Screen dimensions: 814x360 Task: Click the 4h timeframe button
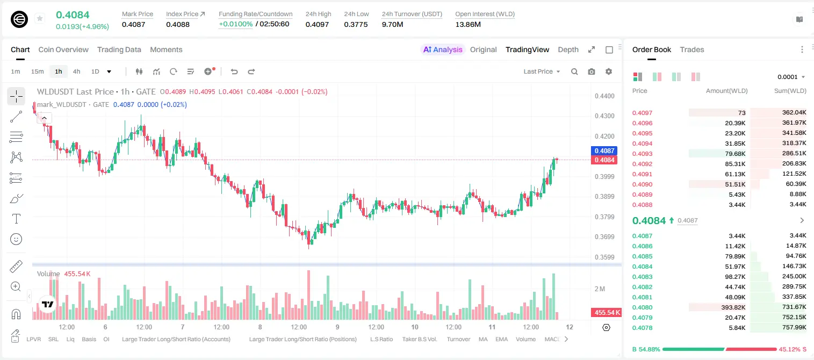[76, 71]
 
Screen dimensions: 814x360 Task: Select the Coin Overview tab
[63, 49]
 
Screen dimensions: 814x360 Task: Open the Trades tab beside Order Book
[692, 49]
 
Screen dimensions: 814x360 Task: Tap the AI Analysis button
[443, 49]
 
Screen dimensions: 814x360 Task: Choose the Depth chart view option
[568, 49]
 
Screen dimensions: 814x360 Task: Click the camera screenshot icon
[592, 71]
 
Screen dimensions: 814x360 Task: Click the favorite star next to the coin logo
[40, 18]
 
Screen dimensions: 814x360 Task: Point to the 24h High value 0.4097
[317, 24]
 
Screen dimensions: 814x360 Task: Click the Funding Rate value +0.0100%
[235, 24]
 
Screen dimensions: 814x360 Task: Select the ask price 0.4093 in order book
[642, 154]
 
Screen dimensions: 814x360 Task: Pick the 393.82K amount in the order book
[733, 307]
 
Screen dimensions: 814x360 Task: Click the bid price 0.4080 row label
[642, 307]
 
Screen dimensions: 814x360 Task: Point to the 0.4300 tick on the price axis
[604, 116]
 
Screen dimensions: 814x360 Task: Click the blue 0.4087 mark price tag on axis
[604, 150]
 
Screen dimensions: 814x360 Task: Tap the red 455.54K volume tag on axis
[606, 312]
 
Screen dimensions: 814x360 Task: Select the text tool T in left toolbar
[16, 219]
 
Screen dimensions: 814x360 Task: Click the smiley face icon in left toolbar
[16, 239]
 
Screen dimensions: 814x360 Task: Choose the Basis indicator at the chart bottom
[89, 339]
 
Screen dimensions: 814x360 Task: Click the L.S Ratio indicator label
[381, 339]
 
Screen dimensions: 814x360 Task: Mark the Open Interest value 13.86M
[468, 24]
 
